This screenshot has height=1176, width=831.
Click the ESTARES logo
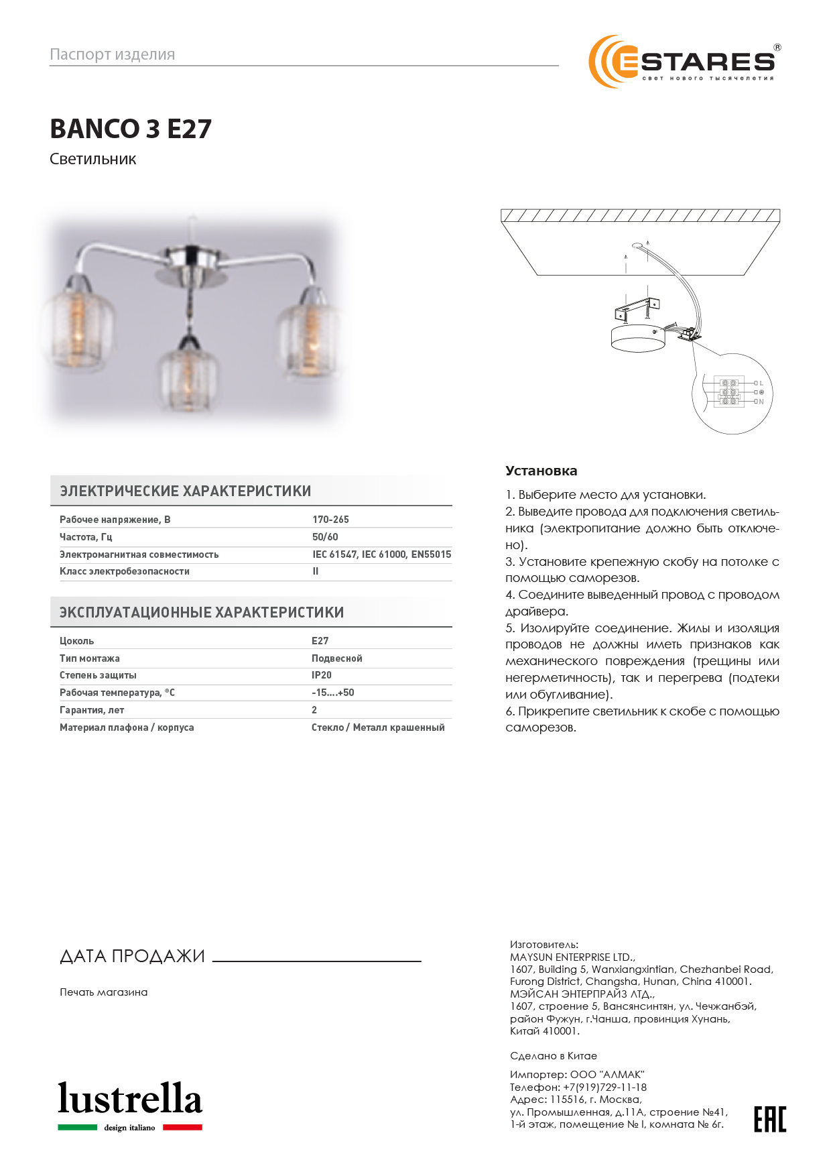pyautogui.click(x=684, y=62)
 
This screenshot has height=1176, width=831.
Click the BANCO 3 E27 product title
pyautogui.click(x=131, y=129)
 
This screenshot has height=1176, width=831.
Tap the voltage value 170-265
pyautogui.click(x=330, y=520)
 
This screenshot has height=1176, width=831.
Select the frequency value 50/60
pyautogui.click(x=325, y=537)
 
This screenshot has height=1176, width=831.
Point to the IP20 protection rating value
pyautogui.click(x=322, y=675)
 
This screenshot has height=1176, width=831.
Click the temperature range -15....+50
pyautogui.click(x=333, y=693)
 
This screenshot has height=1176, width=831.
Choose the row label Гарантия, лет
pyautogui.click(x=92, y=710)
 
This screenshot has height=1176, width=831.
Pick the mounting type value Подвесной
pyautogui.click(x=337, y=658)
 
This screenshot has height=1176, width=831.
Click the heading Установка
pyautogui.click(x=541, y=471)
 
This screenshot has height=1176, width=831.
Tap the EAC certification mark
pyautogui.click(x=770, y=1119)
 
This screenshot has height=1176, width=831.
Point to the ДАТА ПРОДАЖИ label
pyautogui.click(x=132, y=956)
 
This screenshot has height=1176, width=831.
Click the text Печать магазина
pyautogui.click(x=104, y=992)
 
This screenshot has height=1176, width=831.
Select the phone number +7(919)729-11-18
pyautogui.click(x=604, y=1087)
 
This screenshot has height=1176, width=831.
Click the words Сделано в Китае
pyautogui.click(x=554, y=1055)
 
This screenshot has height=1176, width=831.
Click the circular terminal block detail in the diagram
pyautogui.click(x=732, y=394)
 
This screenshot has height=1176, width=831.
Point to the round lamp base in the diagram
pyautogui.click(x=639, y=339)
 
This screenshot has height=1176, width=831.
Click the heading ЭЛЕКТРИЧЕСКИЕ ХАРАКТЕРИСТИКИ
pyautogui.click(x=186, y=491)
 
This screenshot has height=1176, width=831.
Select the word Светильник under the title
pyautogui.click(x=93, y=160)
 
